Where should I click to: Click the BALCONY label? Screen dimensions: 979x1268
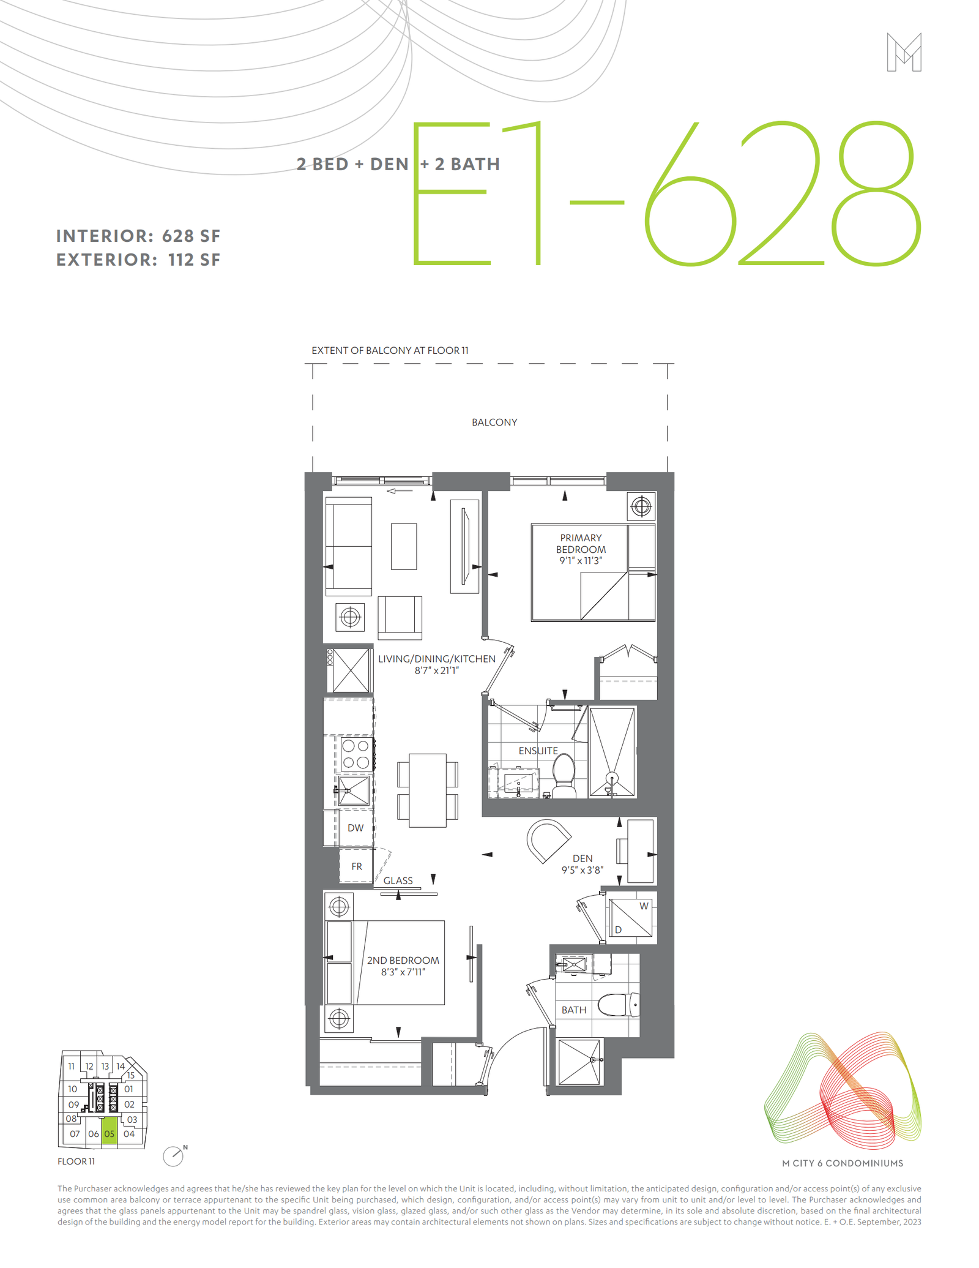click(494, 422)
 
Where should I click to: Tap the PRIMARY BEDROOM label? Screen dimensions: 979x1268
click(581, 544)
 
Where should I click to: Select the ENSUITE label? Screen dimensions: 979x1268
click(538, 751)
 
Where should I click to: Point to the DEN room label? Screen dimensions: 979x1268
click(583, 858)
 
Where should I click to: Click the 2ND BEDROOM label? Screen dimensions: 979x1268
click(403, 960)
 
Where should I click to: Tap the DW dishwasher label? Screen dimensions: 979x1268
click(355, 828)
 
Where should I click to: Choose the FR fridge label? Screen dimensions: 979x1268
click(357, 866)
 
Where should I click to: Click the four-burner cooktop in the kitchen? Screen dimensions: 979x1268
click(355, 754)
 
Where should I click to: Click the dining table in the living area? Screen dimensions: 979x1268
click(427, 790)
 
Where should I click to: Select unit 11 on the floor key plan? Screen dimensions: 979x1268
click(72, 1066)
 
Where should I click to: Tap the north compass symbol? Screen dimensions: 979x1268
click(174, 1155)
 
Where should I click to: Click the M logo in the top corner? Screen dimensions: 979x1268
click(904, 52)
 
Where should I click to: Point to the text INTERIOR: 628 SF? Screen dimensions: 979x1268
click(138, 236)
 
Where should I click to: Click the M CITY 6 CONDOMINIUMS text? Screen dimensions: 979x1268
click(843, 1163)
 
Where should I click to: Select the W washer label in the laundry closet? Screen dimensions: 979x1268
click(644, 906)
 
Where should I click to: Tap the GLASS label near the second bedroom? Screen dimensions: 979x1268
click(398, 880)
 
